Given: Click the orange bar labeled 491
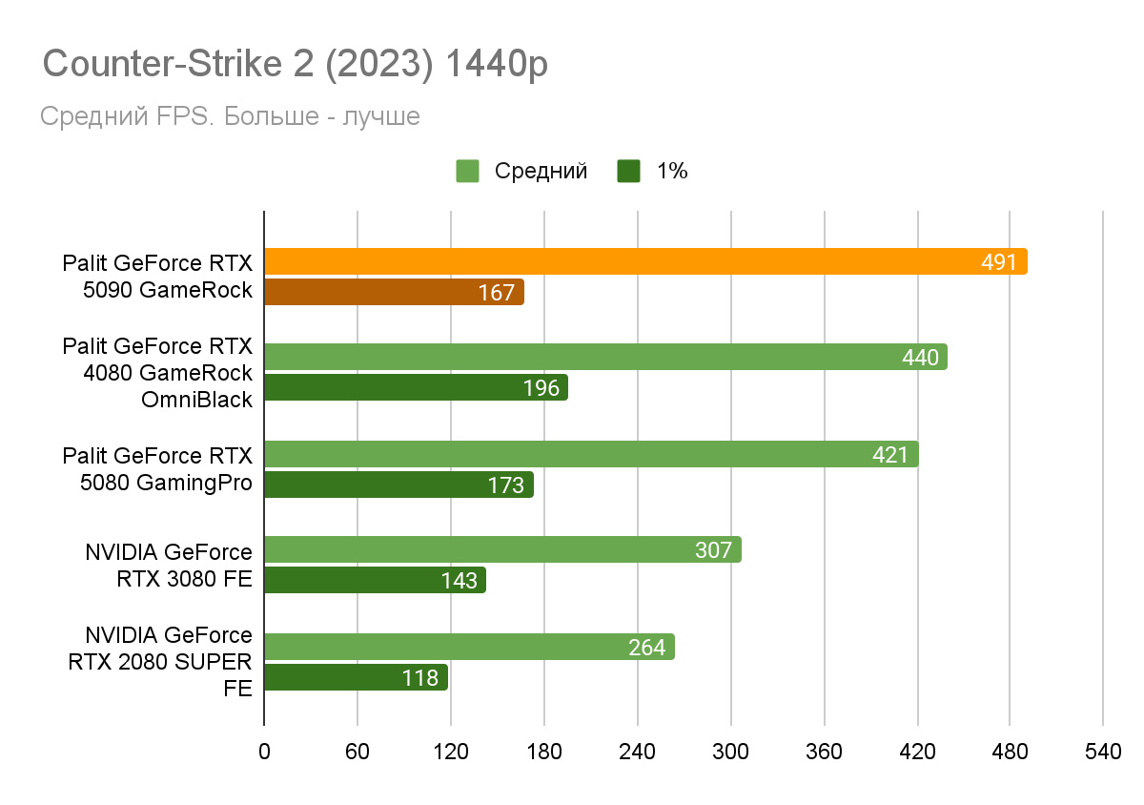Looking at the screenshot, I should click(x=644, y=261).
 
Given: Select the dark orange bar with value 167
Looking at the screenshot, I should click(x=394, y=293).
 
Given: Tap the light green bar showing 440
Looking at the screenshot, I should click(x=605, y=357).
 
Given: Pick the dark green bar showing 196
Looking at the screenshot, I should click(x=416, y=387).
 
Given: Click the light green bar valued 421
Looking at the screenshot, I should click(x=591, y=454).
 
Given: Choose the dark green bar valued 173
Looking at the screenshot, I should click(x=398, y=485).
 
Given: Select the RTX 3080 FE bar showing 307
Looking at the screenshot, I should click(x=502, y=549).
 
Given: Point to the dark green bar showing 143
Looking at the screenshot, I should click(x=375, y=580).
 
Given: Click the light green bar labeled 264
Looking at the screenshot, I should click(x=469, y=647).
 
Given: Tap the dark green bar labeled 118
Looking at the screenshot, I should click(x=356, y=677).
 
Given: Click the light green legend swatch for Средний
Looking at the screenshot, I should click(x=467, y=172).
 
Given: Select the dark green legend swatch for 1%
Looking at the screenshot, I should click(x=629, y=172).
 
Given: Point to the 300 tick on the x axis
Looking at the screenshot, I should click(x=731, y=753).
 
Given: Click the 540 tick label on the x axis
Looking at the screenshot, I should click(x=1103, y=753).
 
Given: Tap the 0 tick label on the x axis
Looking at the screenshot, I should click(x=264, y=753).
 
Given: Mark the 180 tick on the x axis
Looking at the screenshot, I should click(x=544, y=753).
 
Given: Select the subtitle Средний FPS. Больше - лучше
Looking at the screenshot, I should click(x=230, y=116).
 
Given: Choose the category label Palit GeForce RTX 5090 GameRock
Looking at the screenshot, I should click(x=157, y=277).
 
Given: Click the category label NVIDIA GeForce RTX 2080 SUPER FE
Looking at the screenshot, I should click(x=159, y=661).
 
